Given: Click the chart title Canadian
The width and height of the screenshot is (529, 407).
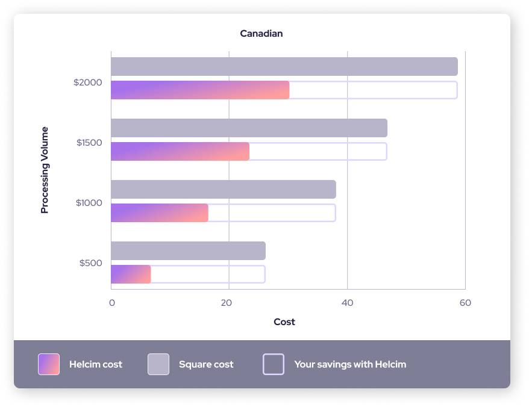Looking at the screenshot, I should point(261,34).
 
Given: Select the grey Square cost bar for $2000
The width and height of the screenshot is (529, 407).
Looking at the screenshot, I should point(284,67).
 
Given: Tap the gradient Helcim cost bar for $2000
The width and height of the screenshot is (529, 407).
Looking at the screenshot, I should point(200,90).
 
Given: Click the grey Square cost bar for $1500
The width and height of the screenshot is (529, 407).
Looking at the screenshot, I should point(249,128).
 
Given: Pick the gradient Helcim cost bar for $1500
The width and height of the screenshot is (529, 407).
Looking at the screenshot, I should point(180,151).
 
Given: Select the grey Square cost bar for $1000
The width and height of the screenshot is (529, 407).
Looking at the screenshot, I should point(223,190).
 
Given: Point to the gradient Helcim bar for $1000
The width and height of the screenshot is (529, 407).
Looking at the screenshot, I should point(159,213).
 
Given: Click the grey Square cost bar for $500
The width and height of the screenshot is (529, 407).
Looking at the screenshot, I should point(188,251).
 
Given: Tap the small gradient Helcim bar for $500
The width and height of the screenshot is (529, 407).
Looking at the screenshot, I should point(131,274).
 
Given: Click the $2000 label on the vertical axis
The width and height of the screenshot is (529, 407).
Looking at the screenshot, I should point(88,82).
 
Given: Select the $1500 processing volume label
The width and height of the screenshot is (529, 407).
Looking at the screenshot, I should point(89,143).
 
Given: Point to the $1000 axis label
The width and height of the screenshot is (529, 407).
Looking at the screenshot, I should point(89,203).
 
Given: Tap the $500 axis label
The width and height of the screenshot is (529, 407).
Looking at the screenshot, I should point(91,263).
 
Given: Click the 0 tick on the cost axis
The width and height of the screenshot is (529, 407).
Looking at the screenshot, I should point(112,303).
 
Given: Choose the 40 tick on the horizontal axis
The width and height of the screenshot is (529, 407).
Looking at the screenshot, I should point(347,303).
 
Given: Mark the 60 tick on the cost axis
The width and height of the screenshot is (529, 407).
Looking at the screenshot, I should point(465,303).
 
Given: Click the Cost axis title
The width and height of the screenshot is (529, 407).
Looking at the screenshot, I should point(284,322).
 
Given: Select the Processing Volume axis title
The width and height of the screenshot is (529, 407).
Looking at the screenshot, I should point(45,170).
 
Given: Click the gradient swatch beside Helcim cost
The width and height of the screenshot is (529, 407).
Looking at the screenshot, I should point(49,364).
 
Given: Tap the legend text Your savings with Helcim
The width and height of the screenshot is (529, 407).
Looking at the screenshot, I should point(350,364).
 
